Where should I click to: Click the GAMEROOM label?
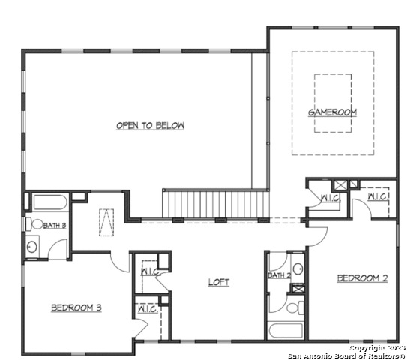click(332, 112)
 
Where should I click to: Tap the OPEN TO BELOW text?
click(150, 126)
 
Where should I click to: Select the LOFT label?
click(219, 282)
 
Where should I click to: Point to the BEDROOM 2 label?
click(362, 278)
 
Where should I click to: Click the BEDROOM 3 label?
click(76, 307)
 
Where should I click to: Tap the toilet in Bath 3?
click(34, 224)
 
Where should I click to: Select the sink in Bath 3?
click(32, 247)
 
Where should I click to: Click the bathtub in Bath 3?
click(50, 202)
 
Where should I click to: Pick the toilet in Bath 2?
click(295, 308)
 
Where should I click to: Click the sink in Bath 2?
click(298, 268)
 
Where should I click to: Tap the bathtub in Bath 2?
click(286, 330)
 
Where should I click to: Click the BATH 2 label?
click(280, 275)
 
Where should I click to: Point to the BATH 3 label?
click(55, 226)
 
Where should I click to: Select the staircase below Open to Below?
click(216, 205)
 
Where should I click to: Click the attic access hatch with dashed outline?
click(106, 223)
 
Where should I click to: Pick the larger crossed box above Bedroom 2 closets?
click(340, 185)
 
